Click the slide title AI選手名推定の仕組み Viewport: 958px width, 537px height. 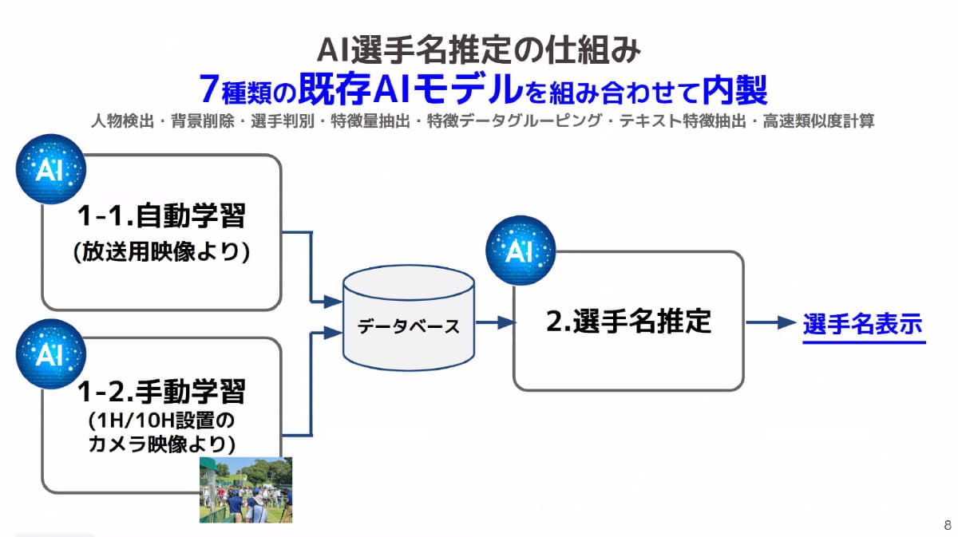coord(479,50)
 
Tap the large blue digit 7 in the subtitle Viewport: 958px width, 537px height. coord(209,89)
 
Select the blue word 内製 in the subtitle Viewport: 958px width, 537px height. coord(735,89)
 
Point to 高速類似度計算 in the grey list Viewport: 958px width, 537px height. coord(818,122)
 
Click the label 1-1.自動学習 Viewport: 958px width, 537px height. coord(161,216)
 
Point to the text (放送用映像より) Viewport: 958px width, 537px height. coord(161,251)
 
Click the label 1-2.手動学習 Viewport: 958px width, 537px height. coord(161,391)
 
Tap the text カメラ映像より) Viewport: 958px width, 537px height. coord(161,444)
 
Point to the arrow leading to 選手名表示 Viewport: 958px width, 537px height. coord(771,322)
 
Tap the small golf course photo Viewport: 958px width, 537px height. coord(246,489)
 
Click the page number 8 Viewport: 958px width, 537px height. coord(948,525)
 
